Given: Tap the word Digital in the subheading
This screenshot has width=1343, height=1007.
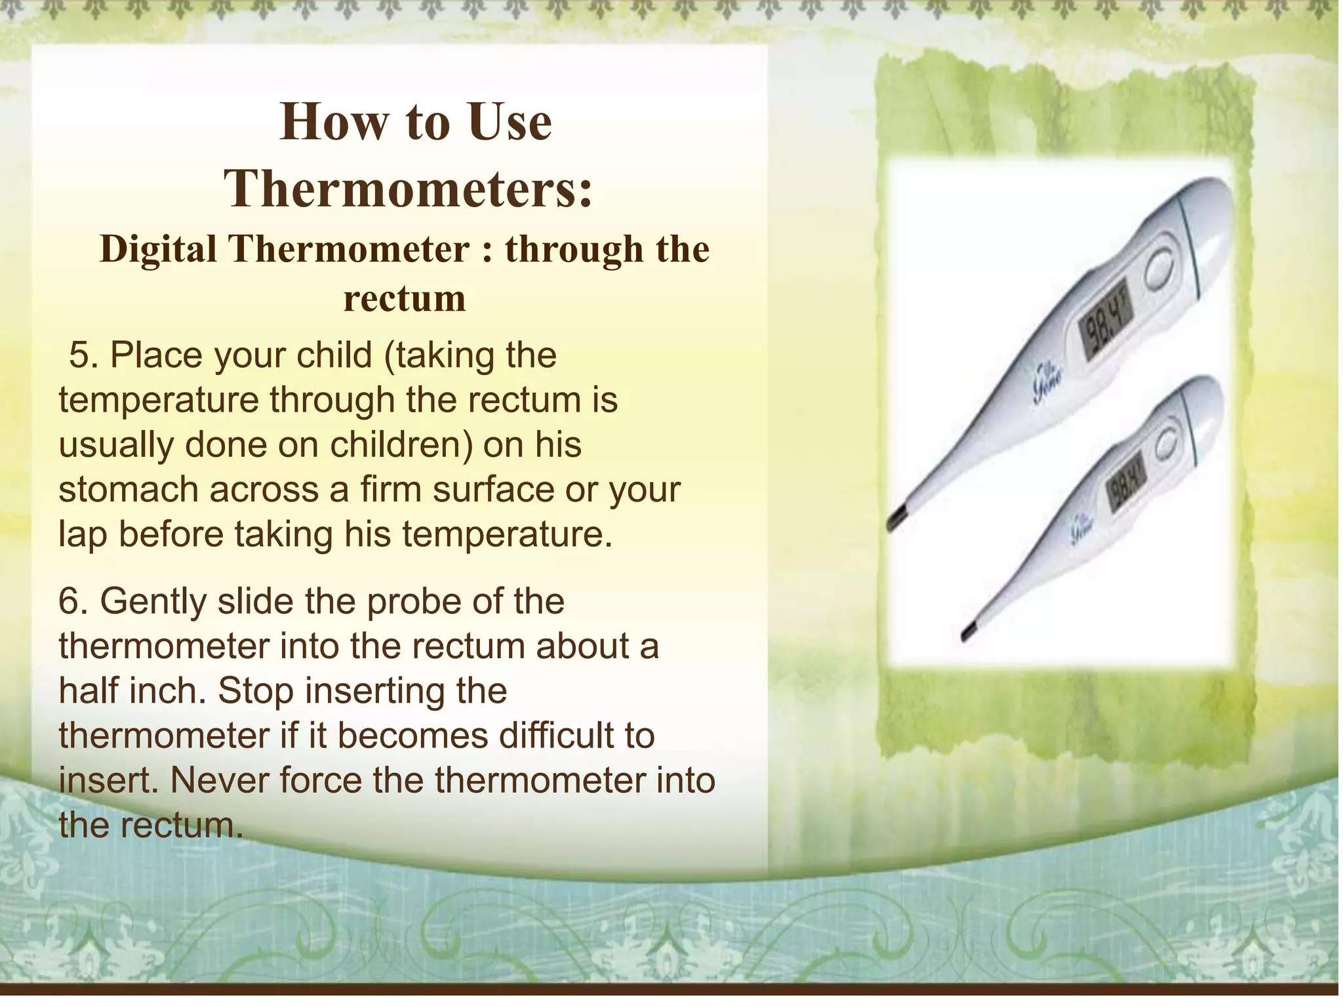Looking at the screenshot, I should click(158, 250).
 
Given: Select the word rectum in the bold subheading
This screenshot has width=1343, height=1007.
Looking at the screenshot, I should click(405, 298).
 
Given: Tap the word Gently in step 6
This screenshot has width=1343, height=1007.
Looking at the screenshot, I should click(153, 602).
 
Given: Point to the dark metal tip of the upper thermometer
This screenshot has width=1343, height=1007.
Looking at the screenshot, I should click(896, 519).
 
